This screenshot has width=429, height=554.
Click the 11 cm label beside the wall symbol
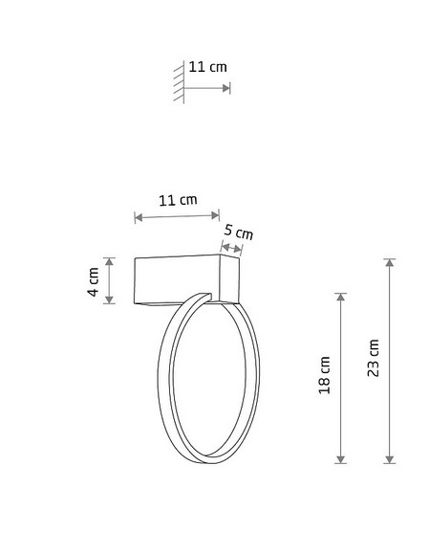click(207, 67)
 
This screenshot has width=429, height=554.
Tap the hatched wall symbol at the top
click(179, 82)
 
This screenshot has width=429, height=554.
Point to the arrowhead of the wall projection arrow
click(226, 88)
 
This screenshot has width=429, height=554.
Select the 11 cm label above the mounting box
click(178, 200)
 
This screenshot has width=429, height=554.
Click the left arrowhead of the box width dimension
click(139, 217)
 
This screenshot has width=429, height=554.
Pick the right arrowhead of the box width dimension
click(215, 215)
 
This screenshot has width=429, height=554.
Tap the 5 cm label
click(239, 233)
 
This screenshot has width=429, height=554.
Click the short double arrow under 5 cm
click(231, 248)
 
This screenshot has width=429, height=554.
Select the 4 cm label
click(93, 281)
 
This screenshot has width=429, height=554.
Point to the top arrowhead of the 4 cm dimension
click(110, 262)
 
